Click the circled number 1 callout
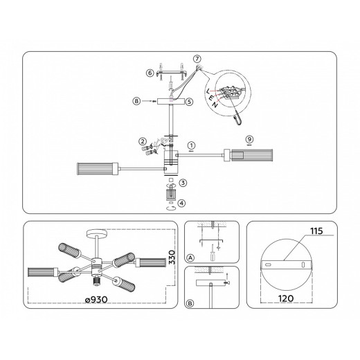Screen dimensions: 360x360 tap(191, 145)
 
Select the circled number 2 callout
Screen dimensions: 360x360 tap(143, 141)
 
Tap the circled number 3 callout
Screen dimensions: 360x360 tap(183, 183)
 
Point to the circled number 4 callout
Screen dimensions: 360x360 tap(182, 204)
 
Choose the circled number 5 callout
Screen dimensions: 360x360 tap(189, 102)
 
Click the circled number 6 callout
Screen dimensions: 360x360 tap(150, 73)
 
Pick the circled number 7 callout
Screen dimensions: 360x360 tap(197, 59)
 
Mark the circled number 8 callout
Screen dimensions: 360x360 tap(136, 101)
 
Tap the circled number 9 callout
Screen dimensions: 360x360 tap(249, 139)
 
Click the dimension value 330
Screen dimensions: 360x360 tap(172, 257)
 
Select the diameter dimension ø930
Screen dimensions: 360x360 tap(96, 300)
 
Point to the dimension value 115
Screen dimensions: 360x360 tap(316, 231)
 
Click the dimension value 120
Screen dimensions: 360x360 tap(286, 298)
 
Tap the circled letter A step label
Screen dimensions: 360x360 tap(190, 258)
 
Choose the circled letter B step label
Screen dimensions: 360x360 tap(190, 303)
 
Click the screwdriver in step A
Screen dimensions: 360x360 tap(212, 253)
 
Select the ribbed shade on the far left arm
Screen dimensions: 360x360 tap(98, 168)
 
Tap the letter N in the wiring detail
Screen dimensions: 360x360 tap(215, 105)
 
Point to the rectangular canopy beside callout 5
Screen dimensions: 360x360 tap(171, 102)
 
